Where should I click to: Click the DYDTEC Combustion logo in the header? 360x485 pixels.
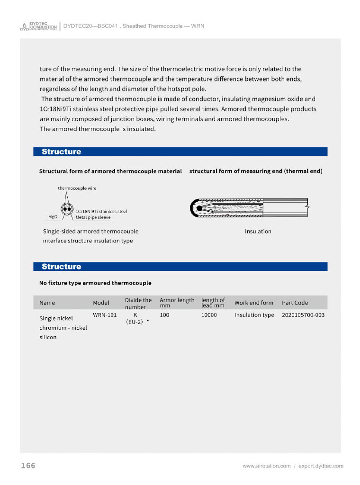[x=38, y=26]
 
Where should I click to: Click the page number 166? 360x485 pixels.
[x=28, y=466]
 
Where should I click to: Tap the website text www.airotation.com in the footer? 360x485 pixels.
[x=266, y=466]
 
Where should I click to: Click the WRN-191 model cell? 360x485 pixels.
[x=105, y=314]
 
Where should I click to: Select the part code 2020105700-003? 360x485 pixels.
[x=303, y=314]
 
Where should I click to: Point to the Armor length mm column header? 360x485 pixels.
[x=177, y=303]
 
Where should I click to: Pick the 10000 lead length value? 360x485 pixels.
[x=209, y=314]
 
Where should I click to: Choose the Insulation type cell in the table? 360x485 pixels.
[x=254, y=315]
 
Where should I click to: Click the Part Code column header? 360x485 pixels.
[x=295, y=303]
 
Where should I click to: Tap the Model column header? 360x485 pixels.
[x=101, y=303]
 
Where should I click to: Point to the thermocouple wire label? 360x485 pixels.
[x=77, y=188]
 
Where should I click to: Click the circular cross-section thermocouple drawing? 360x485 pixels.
[x=66, y=209]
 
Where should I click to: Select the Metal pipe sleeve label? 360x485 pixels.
[x=93, y=217]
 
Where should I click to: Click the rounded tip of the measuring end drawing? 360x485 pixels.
[x=194, y=207]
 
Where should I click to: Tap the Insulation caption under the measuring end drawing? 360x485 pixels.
[x=258, y=231]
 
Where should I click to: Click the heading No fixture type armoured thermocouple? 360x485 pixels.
[x=95, y=283]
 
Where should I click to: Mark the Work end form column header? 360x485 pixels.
[x=254, y=303]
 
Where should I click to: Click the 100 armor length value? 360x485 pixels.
[x=164, y=314]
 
